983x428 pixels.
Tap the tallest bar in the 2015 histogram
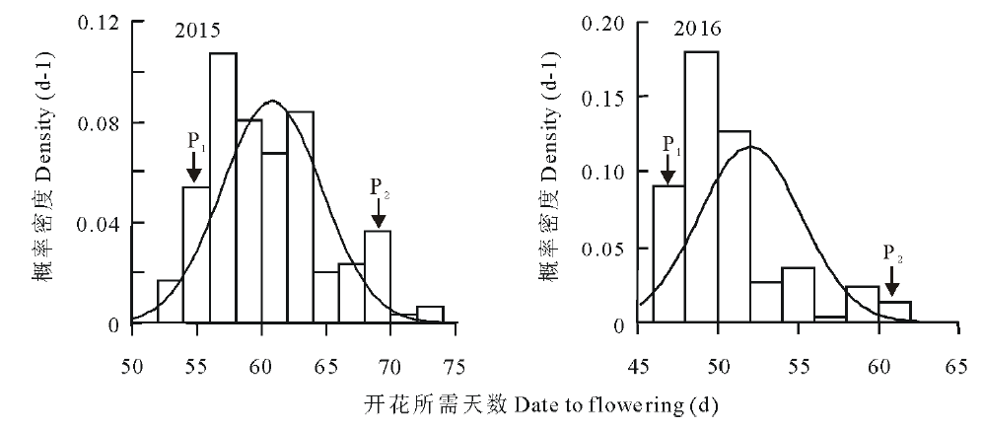click(223, 187)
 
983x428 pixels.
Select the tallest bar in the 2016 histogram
click(701, 186)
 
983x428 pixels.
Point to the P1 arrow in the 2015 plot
click(194, 169)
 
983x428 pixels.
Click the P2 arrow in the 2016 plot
click(890, 286)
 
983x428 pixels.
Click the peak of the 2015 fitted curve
click(273, 101)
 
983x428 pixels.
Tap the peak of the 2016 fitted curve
click(751, 147)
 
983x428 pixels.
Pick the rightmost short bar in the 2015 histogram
click(430, 315)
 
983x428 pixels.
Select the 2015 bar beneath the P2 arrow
click(378, 277)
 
